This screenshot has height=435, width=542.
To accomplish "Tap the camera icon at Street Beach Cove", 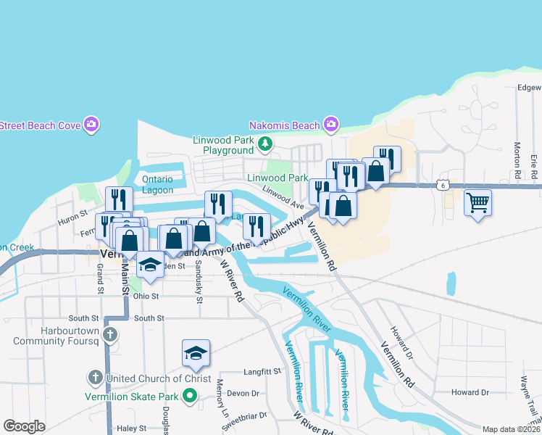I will pyautogui.click(x=91, y=125).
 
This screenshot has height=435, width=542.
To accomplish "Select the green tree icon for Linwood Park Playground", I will pyautogui.click(x=265, y=144).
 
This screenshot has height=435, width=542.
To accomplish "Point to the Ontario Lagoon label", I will pyautogui.click(x=157, y=185).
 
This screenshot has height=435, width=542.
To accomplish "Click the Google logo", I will pyautogui.click(x=24, y=426).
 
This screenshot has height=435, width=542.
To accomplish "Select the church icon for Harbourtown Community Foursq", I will pyautogui.click(x=109, y=334).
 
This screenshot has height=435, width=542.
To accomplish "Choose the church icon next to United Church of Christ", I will pyautogui.click(x=95, y=378).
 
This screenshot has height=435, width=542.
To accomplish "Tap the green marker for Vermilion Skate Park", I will pyautogui.click(x=190, y=395).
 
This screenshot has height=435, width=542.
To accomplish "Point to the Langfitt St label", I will pyautogui.click(x=262, y=371).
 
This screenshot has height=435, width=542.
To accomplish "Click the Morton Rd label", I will pyautogui.click(x=517, y=160).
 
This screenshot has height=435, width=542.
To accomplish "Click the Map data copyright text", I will pyautogui.click(x=510, y=428).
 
